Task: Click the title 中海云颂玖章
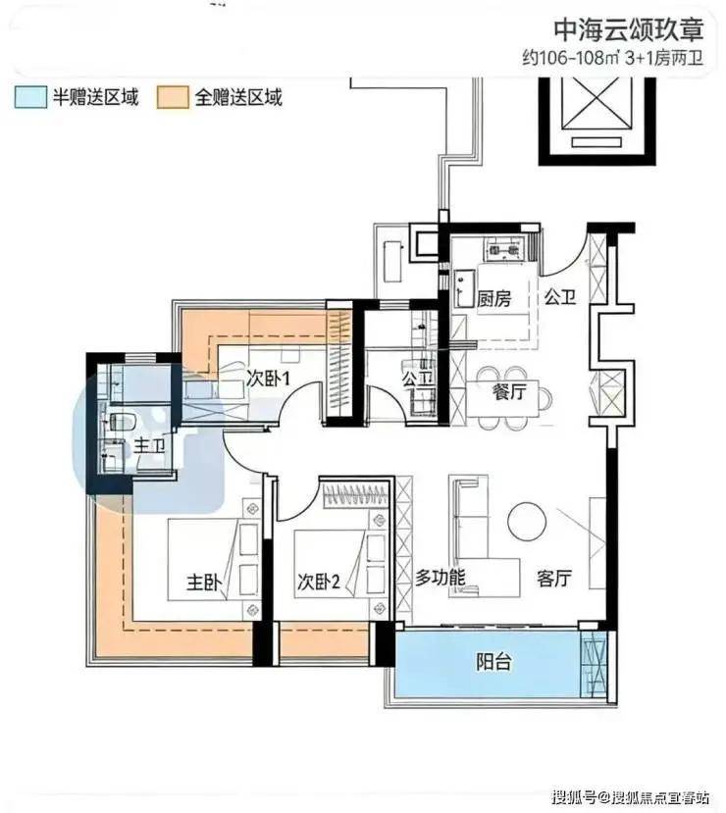click(628, 29)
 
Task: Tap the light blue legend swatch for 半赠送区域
click(30, 97)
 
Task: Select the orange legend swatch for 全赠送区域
click(173, 97)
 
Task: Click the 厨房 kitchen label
click(493, 299)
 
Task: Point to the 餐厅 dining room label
click(509, 391)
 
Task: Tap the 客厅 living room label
click(554, 578)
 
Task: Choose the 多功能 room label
click(440, 577)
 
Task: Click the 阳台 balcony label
click(493, 662)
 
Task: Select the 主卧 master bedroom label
click(204, 583)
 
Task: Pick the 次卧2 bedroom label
click(319, 582)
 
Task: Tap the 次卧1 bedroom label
click(268, 379)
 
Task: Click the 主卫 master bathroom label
click(150, 445)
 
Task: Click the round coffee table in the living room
click(527, 521)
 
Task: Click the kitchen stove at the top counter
click(501, 250)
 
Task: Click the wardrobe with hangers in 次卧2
click(356, 495)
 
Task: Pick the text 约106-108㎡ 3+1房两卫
click(612, 58)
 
